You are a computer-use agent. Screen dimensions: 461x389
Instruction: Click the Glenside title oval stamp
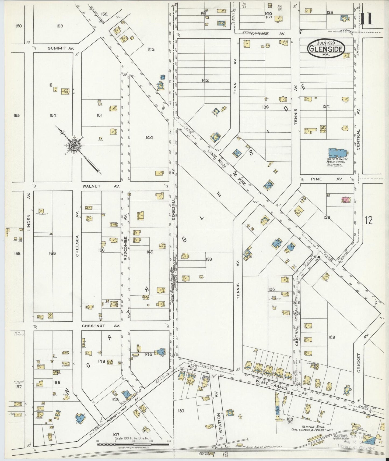[x=327, y=49]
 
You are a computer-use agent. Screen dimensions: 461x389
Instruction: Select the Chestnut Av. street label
[x=101, y=326]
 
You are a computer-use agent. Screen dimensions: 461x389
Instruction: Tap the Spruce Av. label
[x=268, y=34]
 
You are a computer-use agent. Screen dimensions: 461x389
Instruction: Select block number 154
[x=53, y=115]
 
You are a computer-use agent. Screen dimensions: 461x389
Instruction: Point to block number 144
[x=149, y=138]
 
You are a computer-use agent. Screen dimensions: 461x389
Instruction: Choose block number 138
[x=209, y=259]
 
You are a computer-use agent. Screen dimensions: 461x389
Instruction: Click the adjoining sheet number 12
[x=369, y=221]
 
